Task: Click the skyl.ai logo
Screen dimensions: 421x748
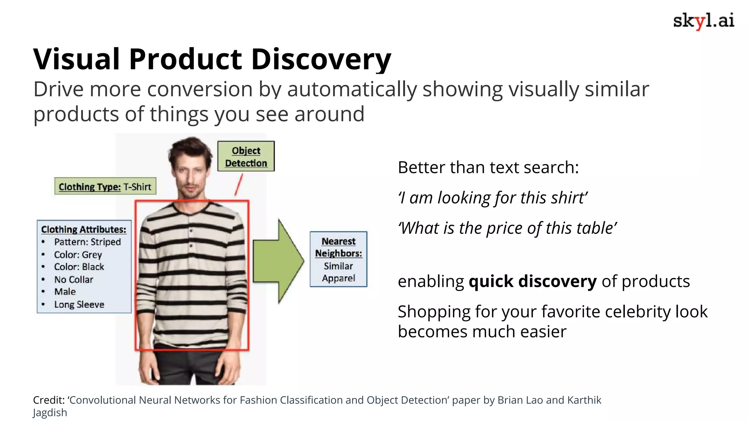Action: (x=703, y=20)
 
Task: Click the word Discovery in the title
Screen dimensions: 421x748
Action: (x=321, y=59)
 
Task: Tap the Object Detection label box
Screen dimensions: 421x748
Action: (x=246, y=156)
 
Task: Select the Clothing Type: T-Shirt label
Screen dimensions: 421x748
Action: (x=105, y=187)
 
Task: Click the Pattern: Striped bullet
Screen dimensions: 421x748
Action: (x=87, y=242)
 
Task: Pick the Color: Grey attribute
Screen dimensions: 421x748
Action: (x=78, y=255)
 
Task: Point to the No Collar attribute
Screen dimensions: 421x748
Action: (x=73, y=280)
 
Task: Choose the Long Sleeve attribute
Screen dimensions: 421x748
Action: (x=79, y=304)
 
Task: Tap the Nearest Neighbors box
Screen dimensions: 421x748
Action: (x=338, y=259)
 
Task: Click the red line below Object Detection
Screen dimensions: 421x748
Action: (x=238, y=185)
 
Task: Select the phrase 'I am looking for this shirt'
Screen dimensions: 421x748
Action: (x=493, y=198)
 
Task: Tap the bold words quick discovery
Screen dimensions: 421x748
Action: (x=533, y=281)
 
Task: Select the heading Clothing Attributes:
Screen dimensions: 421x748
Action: (x=84, y=230)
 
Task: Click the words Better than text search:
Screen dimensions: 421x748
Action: (x=488, y=168)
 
